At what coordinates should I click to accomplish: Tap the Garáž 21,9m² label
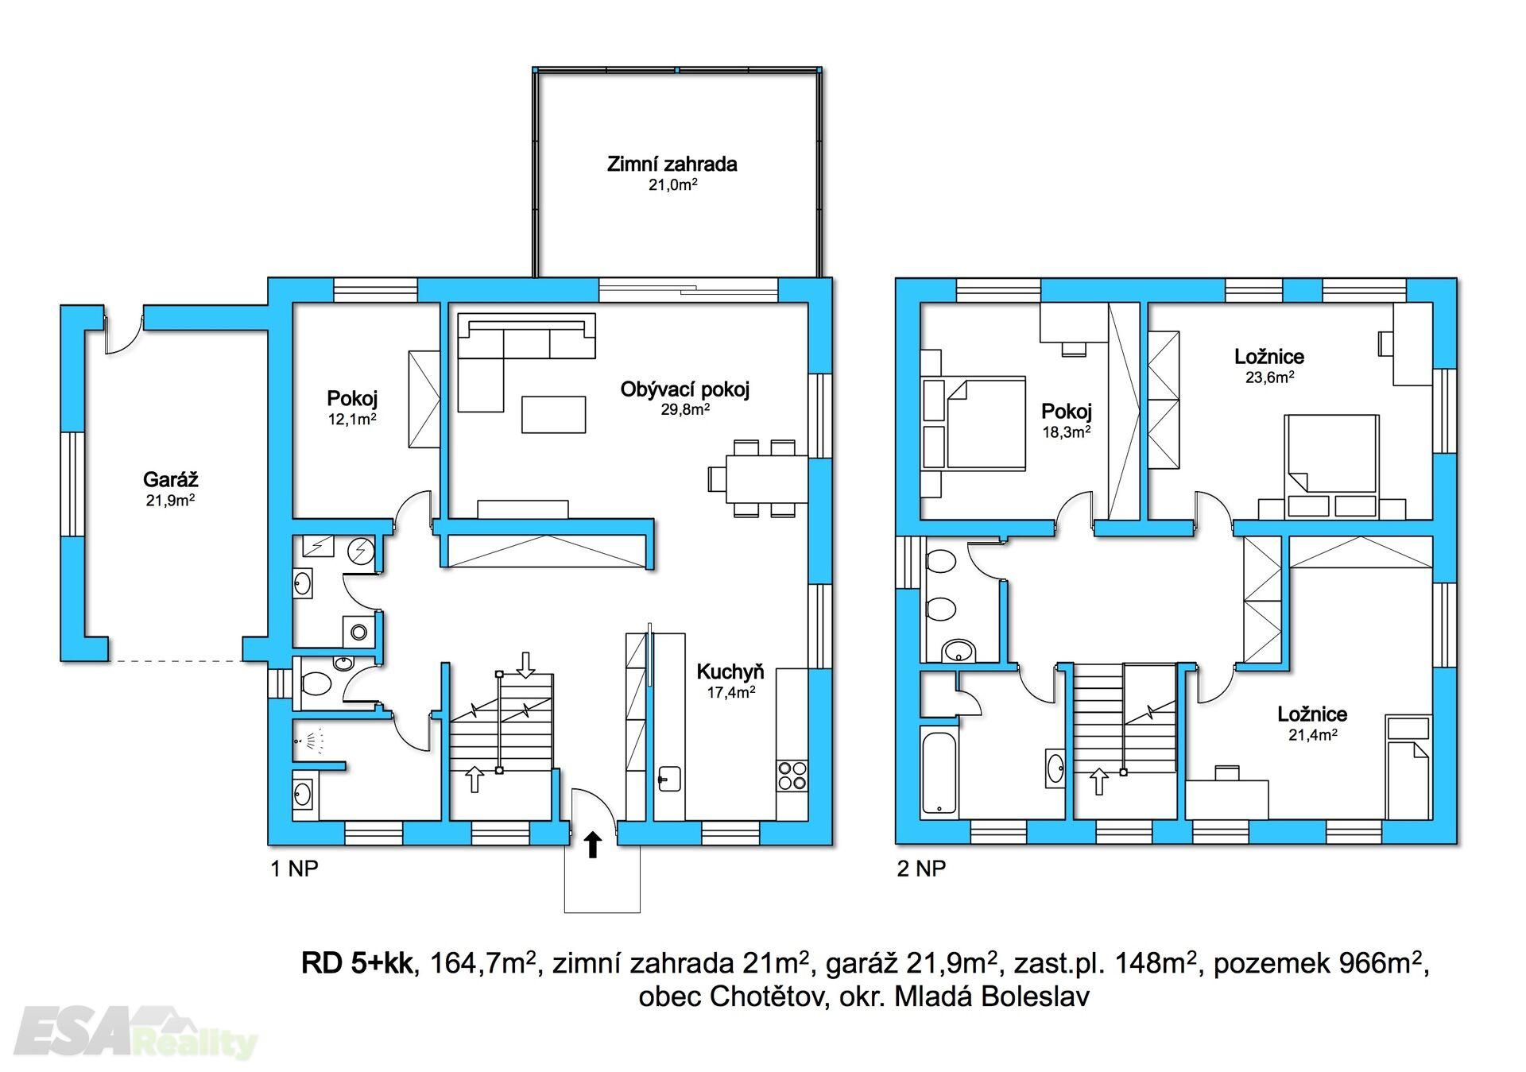coord(170,489)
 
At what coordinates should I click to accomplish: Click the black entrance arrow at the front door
coord(592,845)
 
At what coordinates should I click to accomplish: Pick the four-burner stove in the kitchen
coord(792,776)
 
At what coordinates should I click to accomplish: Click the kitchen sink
coord(668,778)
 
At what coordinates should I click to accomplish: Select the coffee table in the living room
coord(553,414)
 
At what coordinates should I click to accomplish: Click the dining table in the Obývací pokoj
coord(767,478)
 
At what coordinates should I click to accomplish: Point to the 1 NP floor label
coord(294,869)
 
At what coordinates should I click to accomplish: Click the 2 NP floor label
coord(921,869)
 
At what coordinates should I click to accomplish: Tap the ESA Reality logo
coord(135,1033)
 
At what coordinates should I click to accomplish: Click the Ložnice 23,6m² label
coord(1269,366)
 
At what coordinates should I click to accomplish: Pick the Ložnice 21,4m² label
coord(1312,723)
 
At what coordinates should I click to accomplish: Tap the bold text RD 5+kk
coord(357,963)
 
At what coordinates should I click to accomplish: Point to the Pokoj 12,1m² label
coord(352,408)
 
